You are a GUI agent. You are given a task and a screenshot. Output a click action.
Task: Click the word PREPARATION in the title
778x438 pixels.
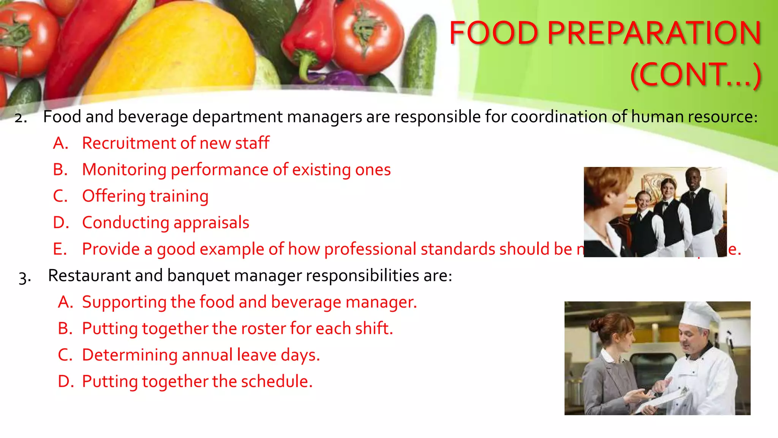tap(654, 33)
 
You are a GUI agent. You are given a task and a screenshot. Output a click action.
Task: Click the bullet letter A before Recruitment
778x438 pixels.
tap(60, 143)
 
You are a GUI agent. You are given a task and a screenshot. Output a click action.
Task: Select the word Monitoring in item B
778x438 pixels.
tap(124, 170)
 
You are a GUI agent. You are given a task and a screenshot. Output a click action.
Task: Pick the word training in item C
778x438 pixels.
tap(179, 197)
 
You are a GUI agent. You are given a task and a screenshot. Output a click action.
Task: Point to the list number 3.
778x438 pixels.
tap(25, 277)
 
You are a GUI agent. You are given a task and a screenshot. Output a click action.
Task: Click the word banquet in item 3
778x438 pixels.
tap(196, 276)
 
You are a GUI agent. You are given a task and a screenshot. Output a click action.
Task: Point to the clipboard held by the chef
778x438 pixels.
tap(663, 401)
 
